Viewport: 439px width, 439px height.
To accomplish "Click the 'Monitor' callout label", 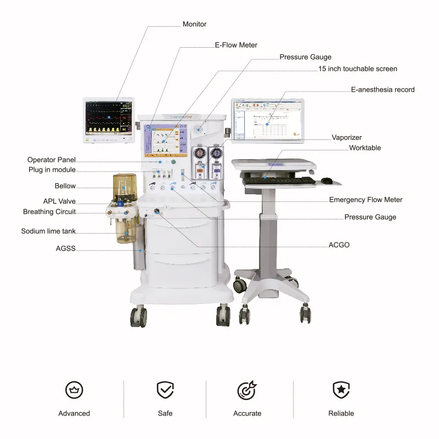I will click(194, 24).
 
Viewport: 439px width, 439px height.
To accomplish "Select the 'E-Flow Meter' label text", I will click(235, 45).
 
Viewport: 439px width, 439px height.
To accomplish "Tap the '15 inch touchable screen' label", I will click(358, 69).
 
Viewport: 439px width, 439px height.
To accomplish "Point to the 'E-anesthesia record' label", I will click(382, 89).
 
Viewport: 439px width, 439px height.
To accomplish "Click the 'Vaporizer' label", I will click(347, 138).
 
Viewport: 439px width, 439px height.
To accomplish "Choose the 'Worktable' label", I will click(365, 148).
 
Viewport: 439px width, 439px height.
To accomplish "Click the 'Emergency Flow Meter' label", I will click(365, 200).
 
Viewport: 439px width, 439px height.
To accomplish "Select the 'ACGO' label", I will click(339, 245).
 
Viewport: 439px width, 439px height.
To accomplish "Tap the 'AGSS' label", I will click(65, 249).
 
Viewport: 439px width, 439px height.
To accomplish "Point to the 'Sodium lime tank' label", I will click(48, 232).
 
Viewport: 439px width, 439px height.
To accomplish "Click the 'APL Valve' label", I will click(59, 201).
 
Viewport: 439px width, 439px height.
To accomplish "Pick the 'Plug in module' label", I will click(52, 170).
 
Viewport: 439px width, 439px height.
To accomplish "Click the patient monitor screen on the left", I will click(109, 117).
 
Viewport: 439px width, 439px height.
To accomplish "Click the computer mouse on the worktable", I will click(327, 180).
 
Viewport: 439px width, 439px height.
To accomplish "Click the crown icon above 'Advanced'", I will click(74, 390).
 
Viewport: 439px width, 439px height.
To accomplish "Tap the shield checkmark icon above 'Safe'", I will click(165, 390).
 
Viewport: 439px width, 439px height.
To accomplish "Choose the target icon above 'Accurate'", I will click(246, 390).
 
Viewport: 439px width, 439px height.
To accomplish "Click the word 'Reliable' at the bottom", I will click(341, 413).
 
